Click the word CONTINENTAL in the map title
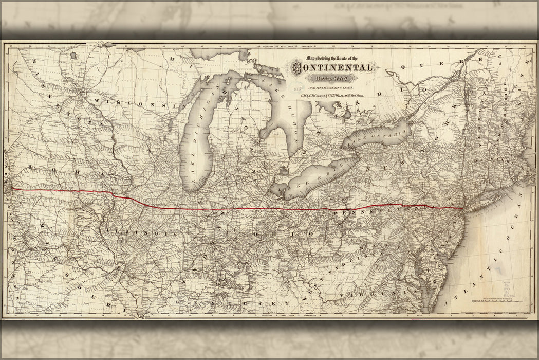click(x=333, y=68)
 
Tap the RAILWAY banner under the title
click(x=333, y=79)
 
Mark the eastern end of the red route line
click(x=463, y=208)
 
